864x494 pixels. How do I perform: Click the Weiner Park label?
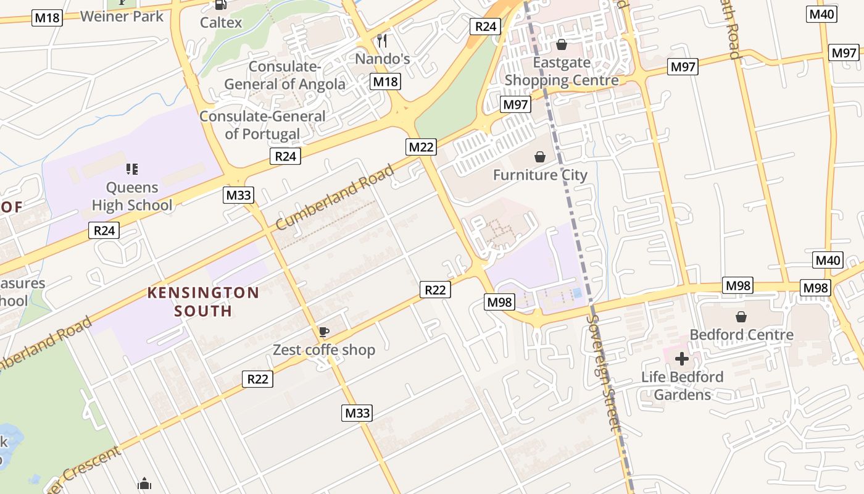pos(122,16)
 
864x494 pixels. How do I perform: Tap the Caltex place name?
pos(221,23)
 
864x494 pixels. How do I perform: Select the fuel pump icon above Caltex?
pos(220,5)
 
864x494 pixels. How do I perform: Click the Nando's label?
pos(383,59)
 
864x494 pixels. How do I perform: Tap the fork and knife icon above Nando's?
pos(383,41)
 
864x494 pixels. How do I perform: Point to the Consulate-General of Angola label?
pos(285,75)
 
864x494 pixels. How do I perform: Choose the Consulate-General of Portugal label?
pos(262,125)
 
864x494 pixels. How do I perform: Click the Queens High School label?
pos(132,196)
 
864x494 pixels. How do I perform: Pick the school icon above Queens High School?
pos(131,169)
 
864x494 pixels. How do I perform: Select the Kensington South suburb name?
pos(203,301)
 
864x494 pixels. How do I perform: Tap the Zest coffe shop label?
pos(324,350)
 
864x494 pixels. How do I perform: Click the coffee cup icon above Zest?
pos(323,332)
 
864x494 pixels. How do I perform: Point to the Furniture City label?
pos(540,175)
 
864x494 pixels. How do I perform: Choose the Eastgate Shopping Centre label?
pos(562,71)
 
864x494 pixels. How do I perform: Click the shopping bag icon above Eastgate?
pos(562,44)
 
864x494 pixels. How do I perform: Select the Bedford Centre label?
pos(741,335)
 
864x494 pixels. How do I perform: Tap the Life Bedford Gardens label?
pos(682,385)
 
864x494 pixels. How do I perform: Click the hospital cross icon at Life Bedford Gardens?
pos(682,358)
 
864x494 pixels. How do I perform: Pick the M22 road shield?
pos(421,147)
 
